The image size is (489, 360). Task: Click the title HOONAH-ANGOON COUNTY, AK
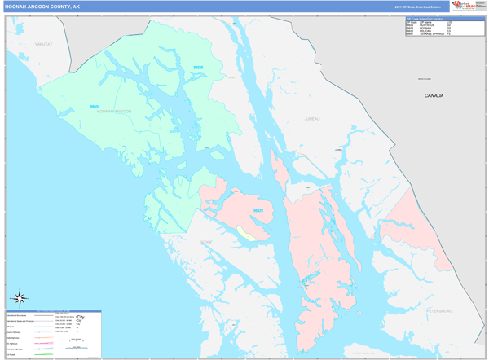click(x=42, y=6)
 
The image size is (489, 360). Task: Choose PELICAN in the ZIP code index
click(x=427, y=30)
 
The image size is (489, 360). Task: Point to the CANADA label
click(x=434, y=96)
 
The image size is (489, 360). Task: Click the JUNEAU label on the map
click(x=312, y=119)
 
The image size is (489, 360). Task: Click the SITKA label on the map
click(x=206, y=242)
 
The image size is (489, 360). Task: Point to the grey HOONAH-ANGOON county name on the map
click(x=113, y=111)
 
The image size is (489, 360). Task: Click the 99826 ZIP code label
click(x=198, y=68)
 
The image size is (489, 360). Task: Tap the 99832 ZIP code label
click(x=95, y=107)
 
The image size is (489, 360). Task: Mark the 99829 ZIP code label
click(x=258, y=211)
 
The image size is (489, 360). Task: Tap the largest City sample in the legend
click(x=80, y=316)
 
